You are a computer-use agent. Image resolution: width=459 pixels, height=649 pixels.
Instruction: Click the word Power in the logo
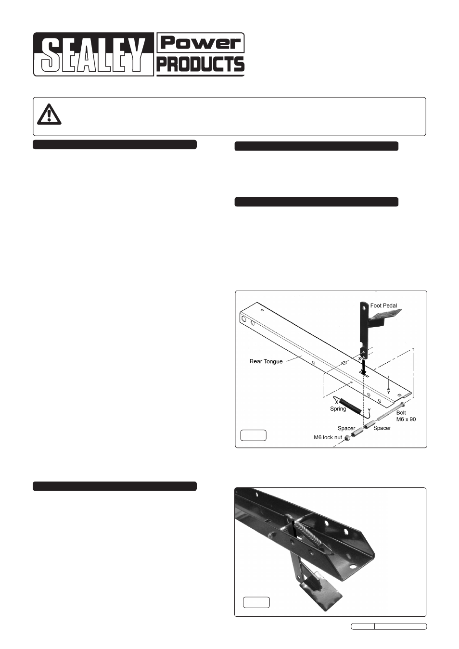tap(201, 43)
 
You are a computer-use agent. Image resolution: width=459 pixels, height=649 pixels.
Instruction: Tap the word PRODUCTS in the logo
tap(201, 64)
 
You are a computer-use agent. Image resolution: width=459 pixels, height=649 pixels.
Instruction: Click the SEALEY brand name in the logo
tap(93, 55)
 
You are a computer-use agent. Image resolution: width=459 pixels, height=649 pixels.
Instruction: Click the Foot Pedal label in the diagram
tap(383, 305)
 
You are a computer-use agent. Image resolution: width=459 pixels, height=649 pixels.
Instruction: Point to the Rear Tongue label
tap(266, 361)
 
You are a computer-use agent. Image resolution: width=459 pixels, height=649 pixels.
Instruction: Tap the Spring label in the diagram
tap(338, 409)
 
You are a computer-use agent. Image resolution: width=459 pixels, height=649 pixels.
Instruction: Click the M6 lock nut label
tap(328, 437)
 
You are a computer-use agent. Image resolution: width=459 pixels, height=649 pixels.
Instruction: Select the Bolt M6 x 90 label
tap(406, 416)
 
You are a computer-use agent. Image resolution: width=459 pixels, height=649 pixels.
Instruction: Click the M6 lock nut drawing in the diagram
tap(347, 439)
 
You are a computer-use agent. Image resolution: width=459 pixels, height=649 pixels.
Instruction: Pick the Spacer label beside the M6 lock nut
tap(346, 428)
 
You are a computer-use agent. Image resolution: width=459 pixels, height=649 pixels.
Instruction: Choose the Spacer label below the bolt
tap(382, 428)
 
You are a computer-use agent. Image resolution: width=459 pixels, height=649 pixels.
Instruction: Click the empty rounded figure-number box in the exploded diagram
tap(253, 435)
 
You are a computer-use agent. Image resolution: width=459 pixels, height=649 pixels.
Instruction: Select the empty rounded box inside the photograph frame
tap(256, 602)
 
